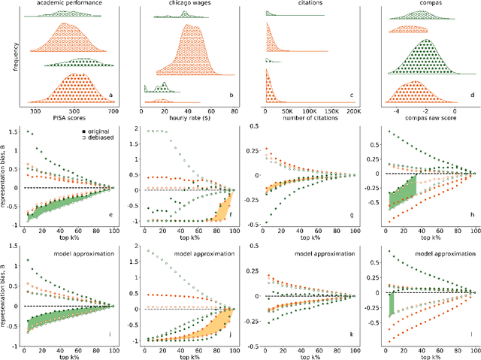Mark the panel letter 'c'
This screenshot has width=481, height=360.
coord(349,95)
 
